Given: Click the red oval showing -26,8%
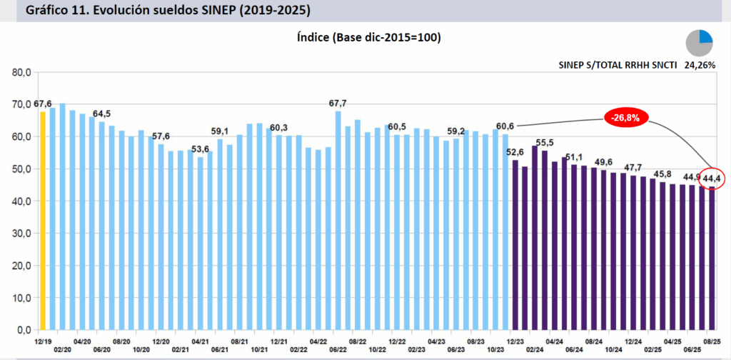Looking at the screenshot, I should coord(624,117).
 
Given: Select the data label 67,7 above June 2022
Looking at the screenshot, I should coord(338,104).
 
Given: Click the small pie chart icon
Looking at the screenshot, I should coord(700,43).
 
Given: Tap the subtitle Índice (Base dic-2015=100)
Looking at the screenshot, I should coord(368,37).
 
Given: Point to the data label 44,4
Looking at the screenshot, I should coord(712,178).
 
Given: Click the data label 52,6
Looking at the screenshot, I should coord(515,151).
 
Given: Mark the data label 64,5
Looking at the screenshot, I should coord(102,114).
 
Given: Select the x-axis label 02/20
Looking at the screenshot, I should coord(62,349).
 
